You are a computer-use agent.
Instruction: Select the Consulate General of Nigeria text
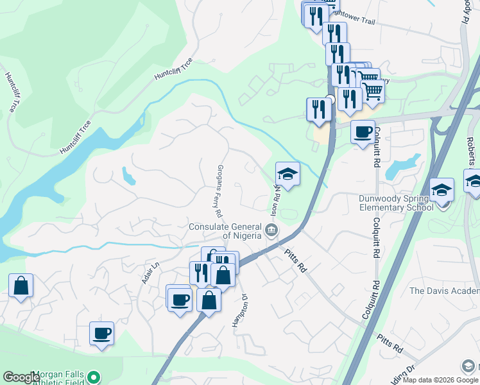point(225,231)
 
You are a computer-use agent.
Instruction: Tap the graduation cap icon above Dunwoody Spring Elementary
point(442,190)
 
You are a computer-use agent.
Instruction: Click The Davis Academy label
point(445,291)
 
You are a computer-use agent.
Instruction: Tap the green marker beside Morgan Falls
point(94,377)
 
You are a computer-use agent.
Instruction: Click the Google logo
point(21,377)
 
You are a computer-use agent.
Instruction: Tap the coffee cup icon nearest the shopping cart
point(363,132)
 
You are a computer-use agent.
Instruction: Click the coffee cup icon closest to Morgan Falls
point(101,333)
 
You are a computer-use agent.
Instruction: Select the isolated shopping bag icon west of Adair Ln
point(21,286)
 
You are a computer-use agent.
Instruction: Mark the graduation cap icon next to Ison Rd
point(287,173)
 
